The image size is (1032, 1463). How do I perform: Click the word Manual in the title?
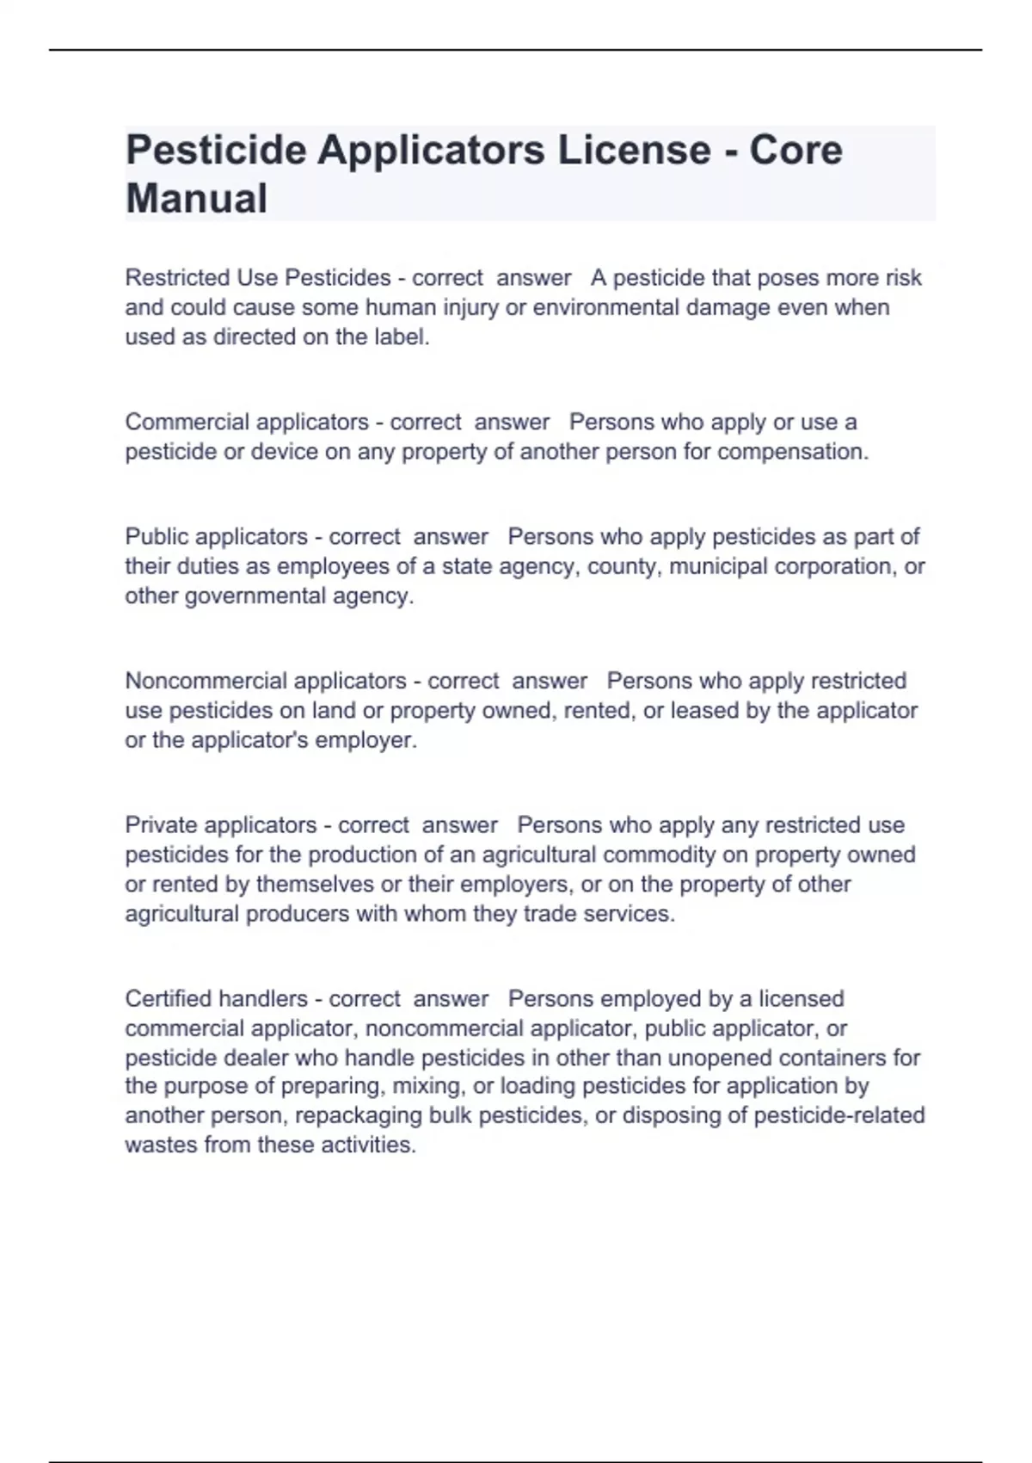click(x=196, y=199)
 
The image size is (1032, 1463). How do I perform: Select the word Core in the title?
click(x=795, y=151)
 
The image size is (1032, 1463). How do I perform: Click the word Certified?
click(x=169, y=999)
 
